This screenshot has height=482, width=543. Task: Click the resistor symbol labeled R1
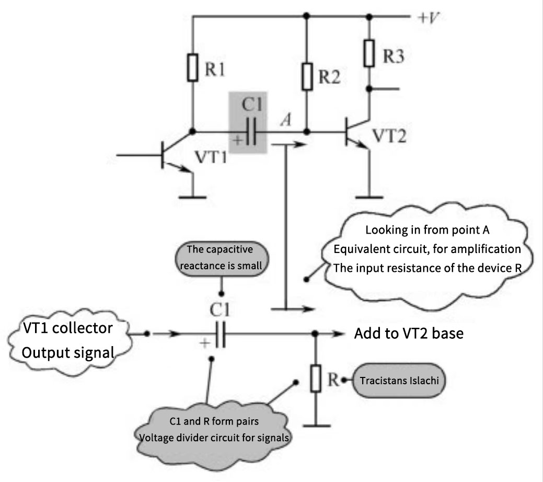(x=193, y=67)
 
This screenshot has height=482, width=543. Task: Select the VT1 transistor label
(x=211, y=156)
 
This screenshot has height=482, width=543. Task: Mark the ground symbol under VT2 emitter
(x=369, y=197)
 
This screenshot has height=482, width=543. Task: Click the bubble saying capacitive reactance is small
(x=221, y=257)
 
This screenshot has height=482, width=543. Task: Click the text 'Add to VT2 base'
(x=409, y=334)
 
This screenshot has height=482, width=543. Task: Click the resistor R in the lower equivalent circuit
(x=315, y=379)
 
